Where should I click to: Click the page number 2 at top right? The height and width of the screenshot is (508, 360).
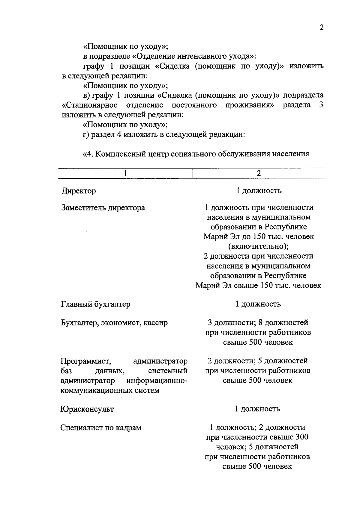tap(321, 28)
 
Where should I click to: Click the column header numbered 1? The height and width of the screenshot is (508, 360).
tap(125, 174)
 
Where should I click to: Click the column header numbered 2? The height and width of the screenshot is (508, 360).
tap(259, 174)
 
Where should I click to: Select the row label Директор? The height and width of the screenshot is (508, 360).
tap(79, 191)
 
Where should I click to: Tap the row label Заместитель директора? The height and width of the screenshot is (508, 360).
tap(103, 208)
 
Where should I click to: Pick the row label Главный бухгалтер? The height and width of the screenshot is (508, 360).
tap(95, 304)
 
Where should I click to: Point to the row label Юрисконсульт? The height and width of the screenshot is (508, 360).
tap(87, 409)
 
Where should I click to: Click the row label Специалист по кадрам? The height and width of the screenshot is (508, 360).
tap(100, 428)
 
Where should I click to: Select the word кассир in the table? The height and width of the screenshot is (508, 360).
tap(155, 323)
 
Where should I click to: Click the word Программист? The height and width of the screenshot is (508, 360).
tap(86, 361)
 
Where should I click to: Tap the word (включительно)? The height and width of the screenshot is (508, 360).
tap(258, 246)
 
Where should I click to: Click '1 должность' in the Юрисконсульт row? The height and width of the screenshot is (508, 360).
tap(257, 409)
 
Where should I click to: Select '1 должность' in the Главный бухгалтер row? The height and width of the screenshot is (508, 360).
tap(258, 304)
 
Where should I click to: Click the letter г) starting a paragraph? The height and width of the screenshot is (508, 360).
tap(86, 135)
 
